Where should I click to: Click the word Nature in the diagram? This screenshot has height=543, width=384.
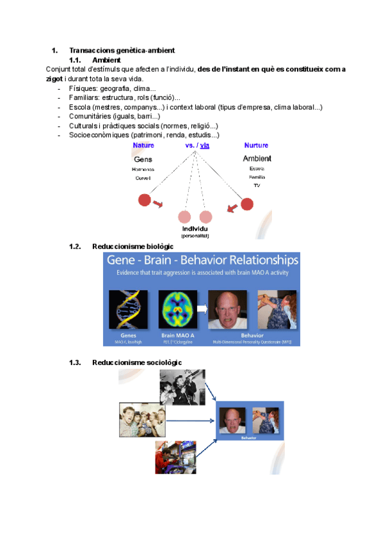click(x=143, y=145)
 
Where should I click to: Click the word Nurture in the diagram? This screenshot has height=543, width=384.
click(x=256, y=145)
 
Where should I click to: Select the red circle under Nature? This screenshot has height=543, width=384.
click(x=145, y=200)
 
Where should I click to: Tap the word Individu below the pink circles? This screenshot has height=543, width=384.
click(x=195, y=229)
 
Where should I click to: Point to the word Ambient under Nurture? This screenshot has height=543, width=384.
click(x=257, y=158)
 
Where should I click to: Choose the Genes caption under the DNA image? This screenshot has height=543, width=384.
click(x=128, y=335)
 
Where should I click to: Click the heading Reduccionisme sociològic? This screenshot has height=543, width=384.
click(x=137, y=362)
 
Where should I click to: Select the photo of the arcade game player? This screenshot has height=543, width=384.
click(x=175, y=457)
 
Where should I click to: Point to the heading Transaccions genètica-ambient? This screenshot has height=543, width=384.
click(x=122, y=51)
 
